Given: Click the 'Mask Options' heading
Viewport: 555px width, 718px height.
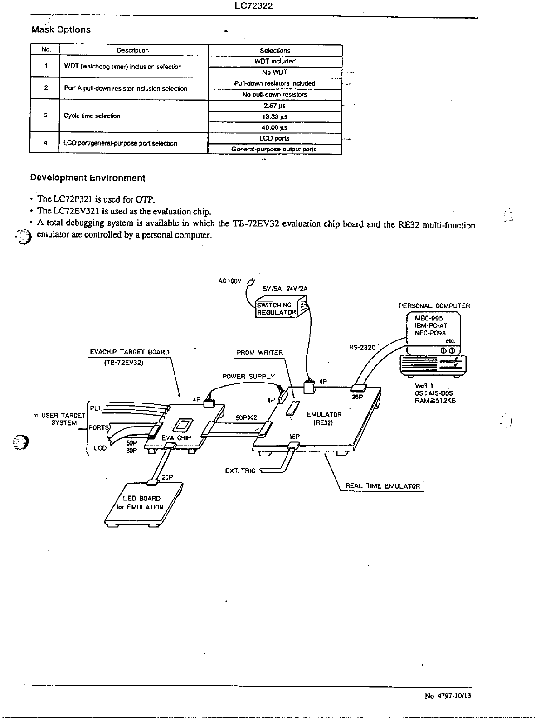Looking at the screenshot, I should pos(61,30).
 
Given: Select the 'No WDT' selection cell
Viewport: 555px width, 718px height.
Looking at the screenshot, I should pos(275,73).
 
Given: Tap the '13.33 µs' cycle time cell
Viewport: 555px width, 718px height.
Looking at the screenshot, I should pos(275,117).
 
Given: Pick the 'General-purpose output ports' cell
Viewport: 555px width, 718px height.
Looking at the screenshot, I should pos(274,149).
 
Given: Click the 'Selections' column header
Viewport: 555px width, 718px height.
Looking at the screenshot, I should pos(275,50).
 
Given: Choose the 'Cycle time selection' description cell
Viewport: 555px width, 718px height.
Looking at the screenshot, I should pos(92,116).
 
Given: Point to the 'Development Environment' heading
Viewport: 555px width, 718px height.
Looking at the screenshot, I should pos(88,178).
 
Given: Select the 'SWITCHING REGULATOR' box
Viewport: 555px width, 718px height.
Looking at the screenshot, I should pos(277,309).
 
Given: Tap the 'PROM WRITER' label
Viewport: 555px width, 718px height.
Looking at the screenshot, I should pos(259,353).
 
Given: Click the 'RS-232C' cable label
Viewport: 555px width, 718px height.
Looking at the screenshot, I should pos(362,348).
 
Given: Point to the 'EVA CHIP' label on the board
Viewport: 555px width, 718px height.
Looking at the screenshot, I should pos(176,438).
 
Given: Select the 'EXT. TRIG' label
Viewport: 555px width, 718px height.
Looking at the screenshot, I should pos(240,471).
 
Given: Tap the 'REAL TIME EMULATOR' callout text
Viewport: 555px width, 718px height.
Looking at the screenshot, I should pos(383,486).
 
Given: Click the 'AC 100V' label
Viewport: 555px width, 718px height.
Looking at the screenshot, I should pos(230,281).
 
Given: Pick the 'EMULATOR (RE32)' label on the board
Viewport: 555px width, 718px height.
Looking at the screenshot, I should pos(324,418).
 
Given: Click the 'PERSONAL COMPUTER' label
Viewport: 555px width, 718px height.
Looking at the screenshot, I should pos(434,306).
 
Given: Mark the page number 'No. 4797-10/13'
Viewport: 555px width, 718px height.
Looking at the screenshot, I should pos(448,696).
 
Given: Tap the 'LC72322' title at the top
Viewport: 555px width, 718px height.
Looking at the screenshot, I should pos(253,6).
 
